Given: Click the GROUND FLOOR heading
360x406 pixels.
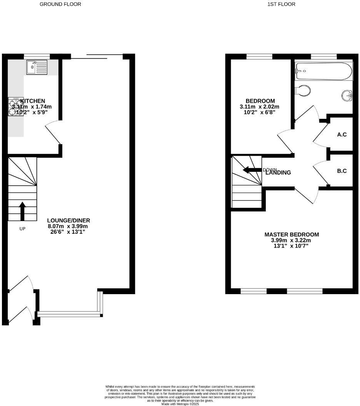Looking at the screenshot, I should [x=60, y=4].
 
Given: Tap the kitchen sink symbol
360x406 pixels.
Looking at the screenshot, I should [x=37, y=67].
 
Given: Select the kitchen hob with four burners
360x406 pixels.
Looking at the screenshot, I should [x=16, y=106].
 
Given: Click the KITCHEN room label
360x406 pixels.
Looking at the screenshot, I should [x=33, y=101].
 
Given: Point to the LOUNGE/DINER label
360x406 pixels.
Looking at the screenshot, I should [x=68, y=220].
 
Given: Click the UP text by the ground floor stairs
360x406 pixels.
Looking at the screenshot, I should [x=22, y=229].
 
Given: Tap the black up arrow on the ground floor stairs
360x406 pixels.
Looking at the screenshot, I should [x=22, y=211].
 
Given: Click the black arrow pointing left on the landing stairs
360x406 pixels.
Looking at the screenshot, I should [x=252, y=170].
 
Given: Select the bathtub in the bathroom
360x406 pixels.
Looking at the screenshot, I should [x=323, y=71].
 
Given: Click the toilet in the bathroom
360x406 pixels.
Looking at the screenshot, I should [x=303, y=91].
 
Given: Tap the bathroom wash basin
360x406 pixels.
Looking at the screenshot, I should [x=347, y=95].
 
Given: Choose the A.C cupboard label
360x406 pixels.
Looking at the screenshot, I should [x=342, y=135].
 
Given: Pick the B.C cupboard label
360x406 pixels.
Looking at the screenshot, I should [x=342, y=171].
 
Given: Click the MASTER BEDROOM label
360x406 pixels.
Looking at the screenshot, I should [x=292, y=235].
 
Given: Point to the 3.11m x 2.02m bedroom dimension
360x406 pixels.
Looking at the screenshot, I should [x=259, y=107].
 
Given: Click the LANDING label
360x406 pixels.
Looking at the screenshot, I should [x=278, y=173].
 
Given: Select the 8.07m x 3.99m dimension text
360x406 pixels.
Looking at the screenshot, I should [x=68, y=226].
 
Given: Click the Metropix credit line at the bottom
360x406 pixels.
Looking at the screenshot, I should [x=180, y=404].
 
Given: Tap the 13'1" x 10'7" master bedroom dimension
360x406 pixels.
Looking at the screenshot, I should [x=292, y=246].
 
